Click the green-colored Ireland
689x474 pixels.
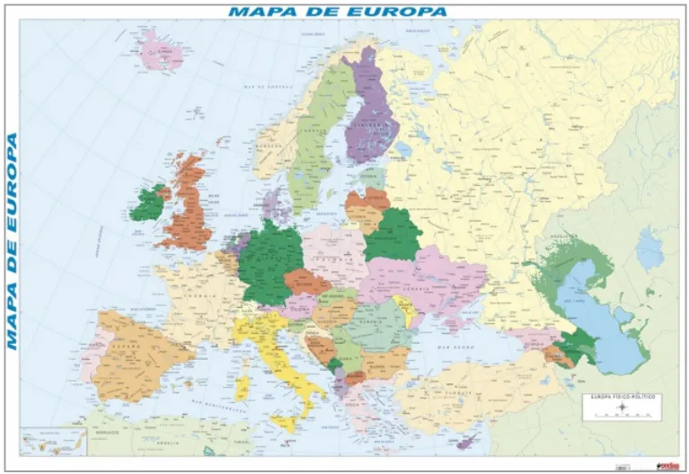point(146,203)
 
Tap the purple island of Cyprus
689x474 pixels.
point(467,441)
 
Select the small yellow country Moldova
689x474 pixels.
point(406,311)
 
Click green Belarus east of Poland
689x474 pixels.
point(392,235)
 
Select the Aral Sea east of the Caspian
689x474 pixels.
point(649,248)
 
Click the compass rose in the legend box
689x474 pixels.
point(621,409)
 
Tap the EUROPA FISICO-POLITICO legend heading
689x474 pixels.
point(621,396)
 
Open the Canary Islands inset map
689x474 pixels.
point(54,439)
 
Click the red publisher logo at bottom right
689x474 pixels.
point(667,465)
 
